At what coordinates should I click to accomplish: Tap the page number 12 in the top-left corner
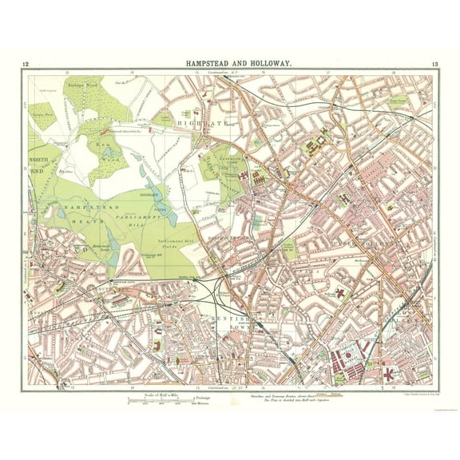26,64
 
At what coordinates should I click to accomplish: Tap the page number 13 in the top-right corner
433,64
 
